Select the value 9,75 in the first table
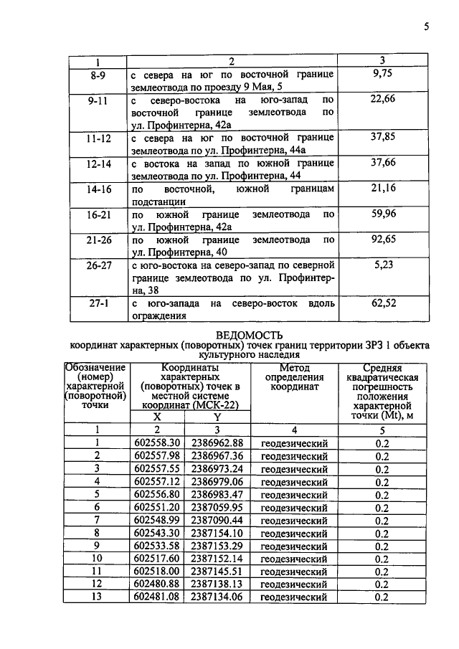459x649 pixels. [x=383, y=74]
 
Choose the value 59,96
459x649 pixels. [x=383, y=214]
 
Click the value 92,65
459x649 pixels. [x=383, y=240]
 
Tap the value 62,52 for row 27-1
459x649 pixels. [x=383, y=303]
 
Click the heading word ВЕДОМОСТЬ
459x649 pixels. [x=249, y=334]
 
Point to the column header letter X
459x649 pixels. [x=157, y=416]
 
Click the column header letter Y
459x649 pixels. [x=217, y=416]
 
